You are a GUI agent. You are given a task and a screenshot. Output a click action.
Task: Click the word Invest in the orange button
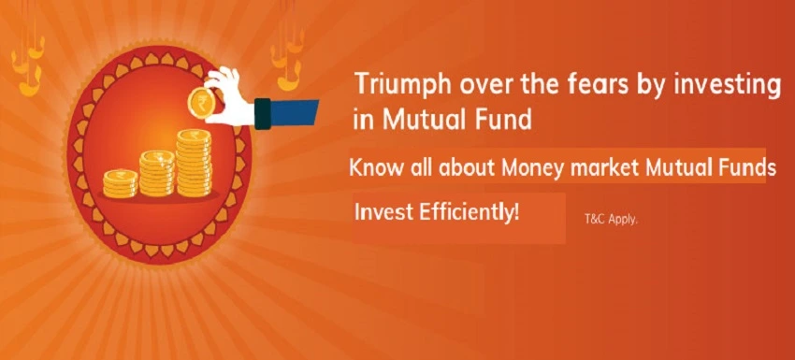383,212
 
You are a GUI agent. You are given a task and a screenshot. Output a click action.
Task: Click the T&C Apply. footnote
610,221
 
